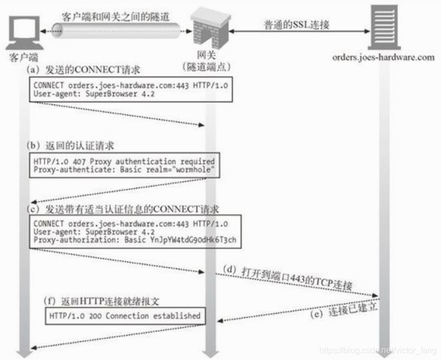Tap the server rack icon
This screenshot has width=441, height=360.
coord(384,26)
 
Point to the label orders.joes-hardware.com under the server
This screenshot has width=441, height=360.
coord(384,57)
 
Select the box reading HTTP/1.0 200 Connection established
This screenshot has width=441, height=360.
coord(124,316)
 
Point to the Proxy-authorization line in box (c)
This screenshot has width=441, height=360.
coord(135,239)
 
